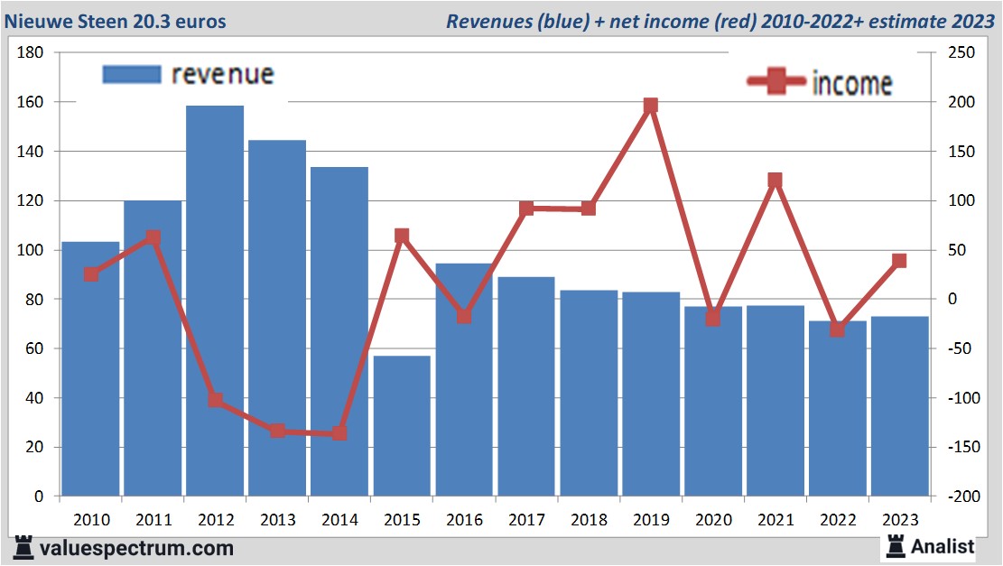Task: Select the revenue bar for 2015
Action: [402, 425]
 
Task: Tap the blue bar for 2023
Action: [899, 406]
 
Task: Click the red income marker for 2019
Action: [651, 106]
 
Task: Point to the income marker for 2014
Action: [339, 433]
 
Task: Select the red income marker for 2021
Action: [775, 181]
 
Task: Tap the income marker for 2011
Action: [153, 238]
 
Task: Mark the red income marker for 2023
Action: [899, 261]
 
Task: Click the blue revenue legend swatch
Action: [132, 74]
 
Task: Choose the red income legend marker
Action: [775, 82]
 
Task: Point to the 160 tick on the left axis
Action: [31, 102]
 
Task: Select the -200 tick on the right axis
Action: [960, 496]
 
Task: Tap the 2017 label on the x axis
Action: [526, 520]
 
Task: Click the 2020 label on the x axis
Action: [713, 520]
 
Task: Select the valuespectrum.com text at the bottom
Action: [135, 548]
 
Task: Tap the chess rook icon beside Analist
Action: [896, 545]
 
